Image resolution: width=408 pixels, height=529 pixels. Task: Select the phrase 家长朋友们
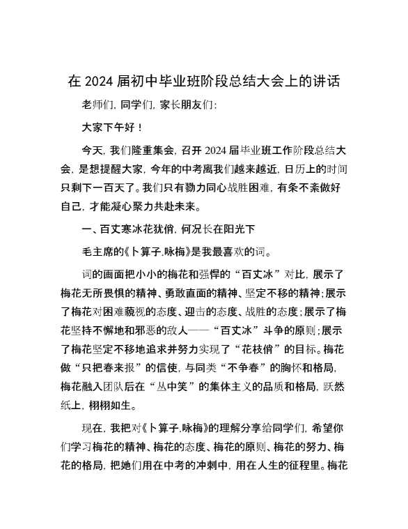pyautogui.click(x=188, y=105)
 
